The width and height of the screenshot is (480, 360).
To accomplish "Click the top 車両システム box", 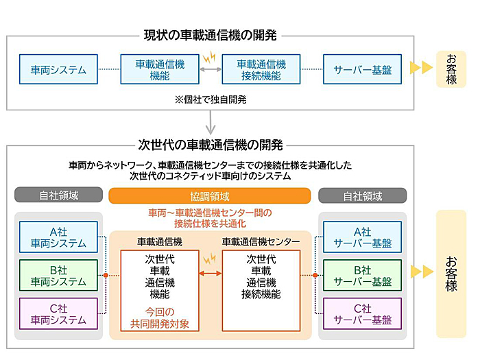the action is [x=58, y=69].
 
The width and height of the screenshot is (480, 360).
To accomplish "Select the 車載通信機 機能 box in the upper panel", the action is [x=160, y=69].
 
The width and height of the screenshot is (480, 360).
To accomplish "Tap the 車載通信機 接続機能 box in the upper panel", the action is [x=261, y=69].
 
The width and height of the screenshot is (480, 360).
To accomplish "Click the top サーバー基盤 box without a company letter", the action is [x=363, y=69].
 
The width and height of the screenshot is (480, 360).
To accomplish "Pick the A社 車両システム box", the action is [x=58, y=237].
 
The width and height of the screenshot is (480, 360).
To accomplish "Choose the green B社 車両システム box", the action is [x=58, y=275].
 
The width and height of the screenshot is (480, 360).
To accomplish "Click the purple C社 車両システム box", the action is [x=58, y=313].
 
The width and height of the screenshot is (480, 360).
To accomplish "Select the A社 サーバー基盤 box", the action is [x=363, y=237].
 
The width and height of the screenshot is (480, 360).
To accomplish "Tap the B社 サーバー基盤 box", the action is [x=363, y=275].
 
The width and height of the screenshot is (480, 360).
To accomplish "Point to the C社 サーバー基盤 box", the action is [x=363, y=313].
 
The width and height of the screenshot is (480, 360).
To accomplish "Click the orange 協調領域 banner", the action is [x=210, y=196].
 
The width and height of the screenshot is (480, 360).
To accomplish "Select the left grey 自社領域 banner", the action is [x=58, y=195].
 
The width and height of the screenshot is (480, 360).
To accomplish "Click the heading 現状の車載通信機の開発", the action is [x=211, y=35].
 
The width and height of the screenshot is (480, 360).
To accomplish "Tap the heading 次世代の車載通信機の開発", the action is [x=211, y=145].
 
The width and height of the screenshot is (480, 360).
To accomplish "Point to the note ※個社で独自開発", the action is [x=211, y=99].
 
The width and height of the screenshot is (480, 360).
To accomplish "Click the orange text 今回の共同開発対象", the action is [x=160, y=317].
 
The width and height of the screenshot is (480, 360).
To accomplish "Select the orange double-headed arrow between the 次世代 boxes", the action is [x=211, y=273].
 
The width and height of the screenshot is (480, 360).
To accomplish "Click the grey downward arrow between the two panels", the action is [x=211, y=123].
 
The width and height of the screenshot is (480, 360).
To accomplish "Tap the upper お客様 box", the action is [x=451, y=69].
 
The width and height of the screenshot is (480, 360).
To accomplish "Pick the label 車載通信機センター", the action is [x=261, y=242].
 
